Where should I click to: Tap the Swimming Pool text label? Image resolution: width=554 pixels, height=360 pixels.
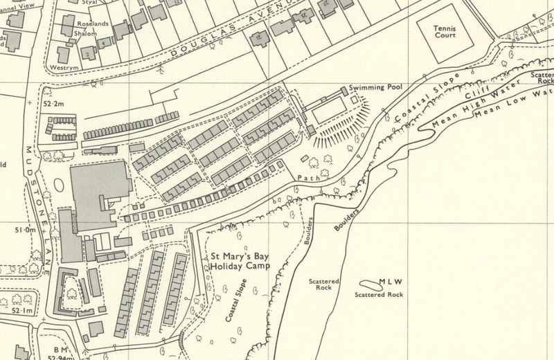[375, 89]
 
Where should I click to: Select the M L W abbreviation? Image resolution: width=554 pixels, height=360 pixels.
[391, 283]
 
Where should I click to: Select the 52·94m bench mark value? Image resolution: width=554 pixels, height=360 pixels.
[51, 356]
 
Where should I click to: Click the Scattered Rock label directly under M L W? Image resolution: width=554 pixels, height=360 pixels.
[378, 294]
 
